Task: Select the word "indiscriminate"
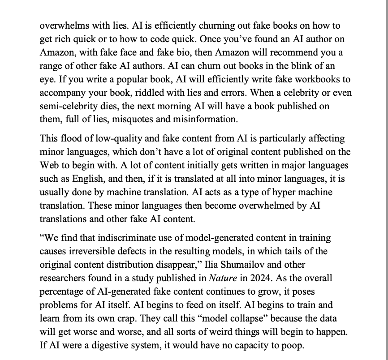[116, 239]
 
